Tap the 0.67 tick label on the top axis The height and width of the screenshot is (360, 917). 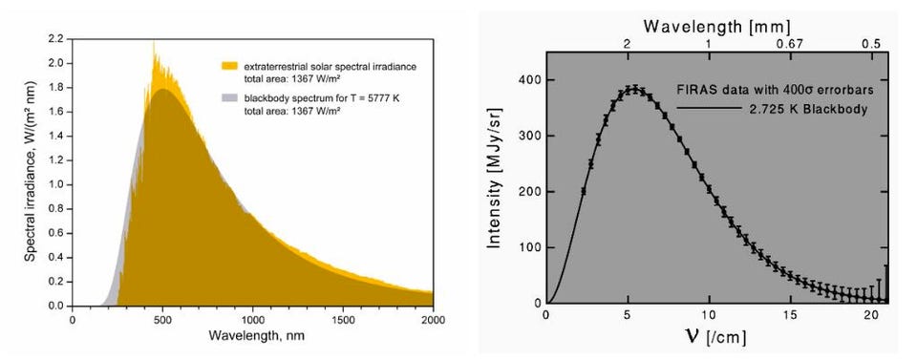(789, 44)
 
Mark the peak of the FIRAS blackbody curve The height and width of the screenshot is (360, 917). (632, 89)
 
